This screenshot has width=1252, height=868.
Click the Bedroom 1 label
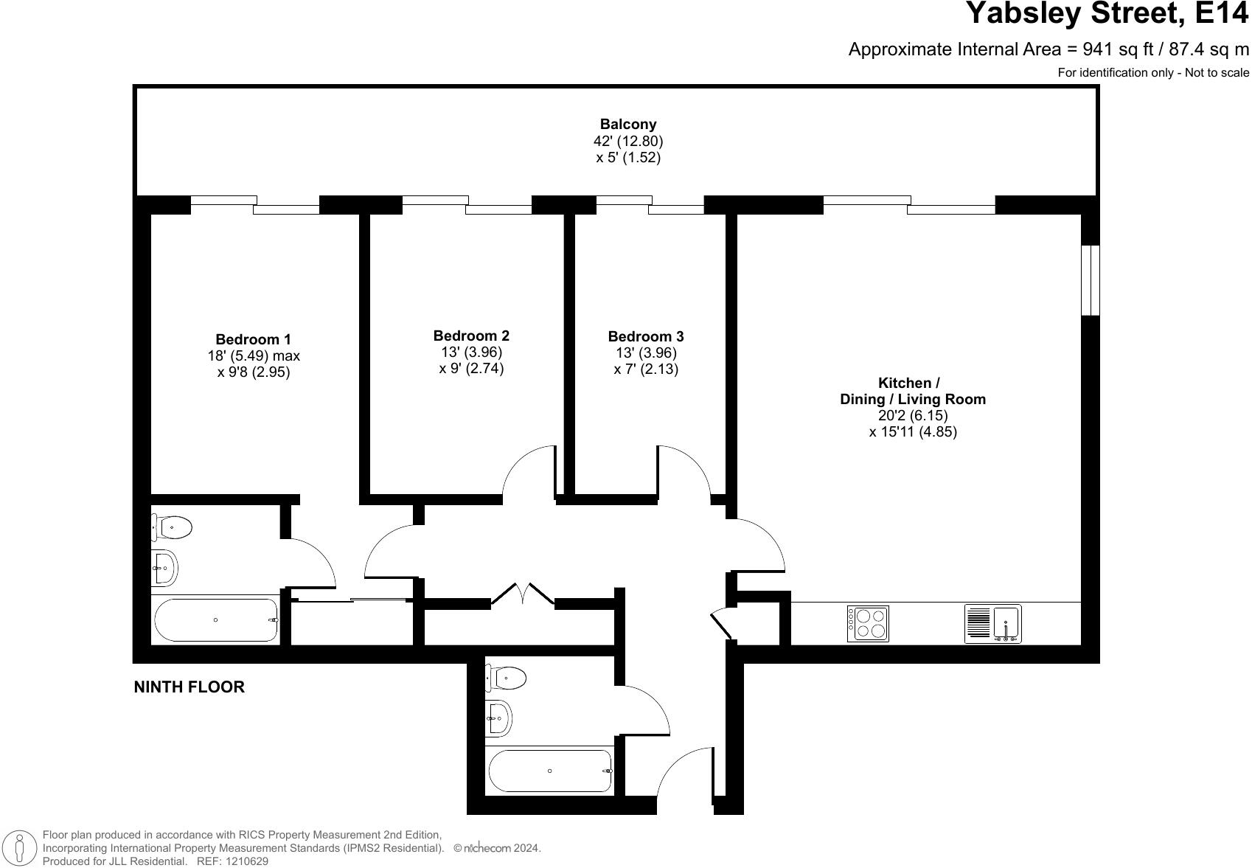[253, 339]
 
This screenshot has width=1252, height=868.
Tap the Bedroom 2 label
[471, 336]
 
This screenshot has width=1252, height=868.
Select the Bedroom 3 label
[646, 336]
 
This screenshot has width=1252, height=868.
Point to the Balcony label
[628, 124]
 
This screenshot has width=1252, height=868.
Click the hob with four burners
[868, 623]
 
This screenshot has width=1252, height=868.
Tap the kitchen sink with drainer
[993, 623]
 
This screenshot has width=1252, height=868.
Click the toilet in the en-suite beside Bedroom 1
[172, 527]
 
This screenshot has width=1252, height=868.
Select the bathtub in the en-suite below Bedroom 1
[216, 619]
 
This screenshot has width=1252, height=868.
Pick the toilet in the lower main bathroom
[506, 678]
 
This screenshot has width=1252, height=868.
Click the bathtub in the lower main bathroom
[550, 771]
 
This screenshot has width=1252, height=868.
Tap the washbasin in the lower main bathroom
[498, 718]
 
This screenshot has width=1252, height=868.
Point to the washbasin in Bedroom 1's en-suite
[164, 569]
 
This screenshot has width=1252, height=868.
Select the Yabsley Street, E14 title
[1107, 13]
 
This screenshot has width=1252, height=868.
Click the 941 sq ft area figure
[1119, 49]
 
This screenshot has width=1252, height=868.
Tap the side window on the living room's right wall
[1091, 280]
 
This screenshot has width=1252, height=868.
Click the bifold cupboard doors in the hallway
[523, 594]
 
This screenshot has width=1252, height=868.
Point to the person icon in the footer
[20, 848]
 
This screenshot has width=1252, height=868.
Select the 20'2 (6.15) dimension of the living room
[913, 415]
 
